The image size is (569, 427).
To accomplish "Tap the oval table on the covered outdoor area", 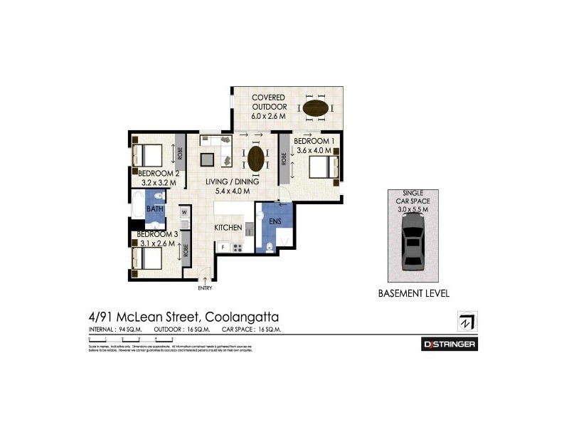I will pos(317,110).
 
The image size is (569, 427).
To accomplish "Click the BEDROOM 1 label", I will pos(315,142).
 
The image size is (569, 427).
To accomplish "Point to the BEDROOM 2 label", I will pos(157,173).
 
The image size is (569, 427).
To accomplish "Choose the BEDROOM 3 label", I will pos(156,234).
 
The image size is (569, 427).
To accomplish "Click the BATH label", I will pos(155,209).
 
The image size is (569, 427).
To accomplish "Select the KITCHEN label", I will pos(229,228).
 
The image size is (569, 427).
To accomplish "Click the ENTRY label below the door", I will pos(206,288).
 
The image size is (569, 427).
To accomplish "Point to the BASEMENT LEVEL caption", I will pos(413,293).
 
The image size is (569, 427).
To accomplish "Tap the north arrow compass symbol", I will pos(467,321).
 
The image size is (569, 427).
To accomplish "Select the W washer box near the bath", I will pos(184,212).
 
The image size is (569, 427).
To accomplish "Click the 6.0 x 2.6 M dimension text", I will pos(268,116).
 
